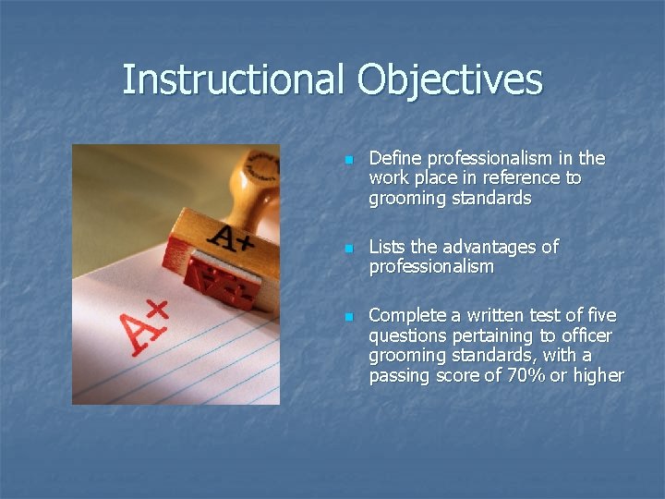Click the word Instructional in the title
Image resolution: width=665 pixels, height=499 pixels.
click(x=235, y=80)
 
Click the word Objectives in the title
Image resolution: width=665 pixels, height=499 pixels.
click(x=450, y=80)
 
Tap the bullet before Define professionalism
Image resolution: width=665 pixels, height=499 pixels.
click(x=349, y=161)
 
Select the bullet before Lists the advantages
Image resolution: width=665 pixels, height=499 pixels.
click(x=349, y=249)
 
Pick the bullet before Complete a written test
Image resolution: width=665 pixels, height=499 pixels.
click(x=349, y=318)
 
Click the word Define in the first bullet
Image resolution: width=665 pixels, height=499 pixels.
click(x=393, y=158)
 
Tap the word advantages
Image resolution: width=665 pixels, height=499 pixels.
click(x=491, y=247)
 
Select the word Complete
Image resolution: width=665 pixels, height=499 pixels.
click(x=406, y=316)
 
